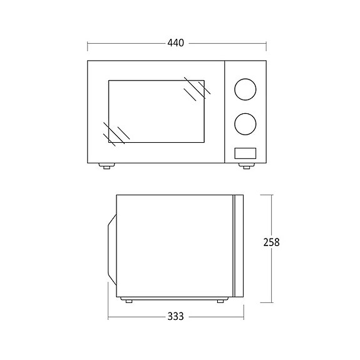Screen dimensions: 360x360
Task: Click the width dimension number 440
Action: tap(176, 43)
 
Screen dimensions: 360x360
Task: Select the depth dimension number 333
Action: tap(176, 317)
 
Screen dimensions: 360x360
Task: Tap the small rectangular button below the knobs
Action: tap(245, 152)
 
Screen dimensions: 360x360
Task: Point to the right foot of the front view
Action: tap(245, 166)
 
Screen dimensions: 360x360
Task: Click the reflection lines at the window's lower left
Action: tap(114, 132)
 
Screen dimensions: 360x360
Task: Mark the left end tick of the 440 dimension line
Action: tap(87, 44)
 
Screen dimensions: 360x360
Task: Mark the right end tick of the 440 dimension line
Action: tap(267, 44)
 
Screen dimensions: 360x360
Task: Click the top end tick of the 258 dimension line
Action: tap(272, 194)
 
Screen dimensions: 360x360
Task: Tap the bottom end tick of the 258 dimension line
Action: tap(272, 302)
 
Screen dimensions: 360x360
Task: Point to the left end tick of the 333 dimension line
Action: tap(108, 317)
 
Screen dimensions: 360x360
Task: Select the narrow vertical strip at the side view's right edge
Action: tap(238, 245)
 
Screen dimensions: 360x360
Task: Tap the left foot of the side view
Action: tap(128, 301)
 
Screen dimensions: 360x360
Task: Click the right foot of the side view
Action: tap(220, 301)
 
